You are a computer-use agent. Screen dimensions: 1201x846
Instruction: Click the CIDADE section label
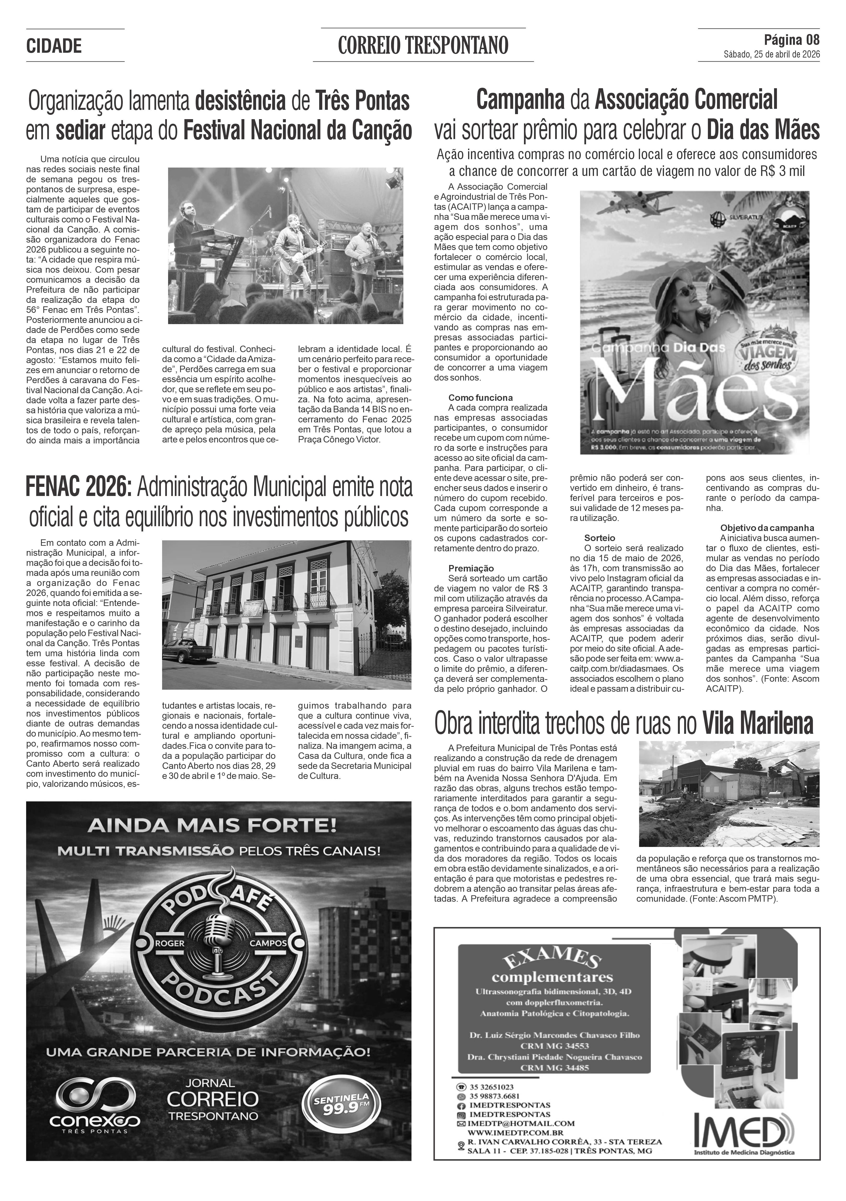tap(54, 46)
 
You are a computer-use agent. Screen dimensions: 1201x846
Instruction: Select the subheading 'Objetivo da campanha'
tap(767, 528)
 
